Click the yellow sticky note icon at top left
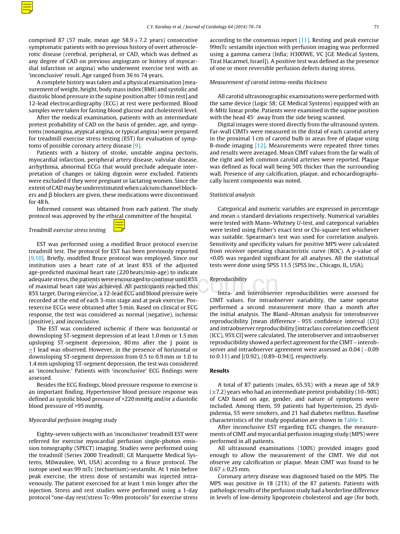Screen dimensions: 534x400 (27, 7)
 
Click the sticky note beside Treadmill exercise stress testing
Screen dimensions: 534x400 (119, 225)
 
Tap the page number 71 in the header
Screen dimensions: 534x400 (376, 27)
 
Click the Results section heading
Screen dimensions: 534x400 (219, 371)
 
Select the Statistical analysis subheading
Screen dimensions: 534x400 (232, 195)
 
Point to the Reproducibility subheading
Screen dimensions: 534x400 (228, 279)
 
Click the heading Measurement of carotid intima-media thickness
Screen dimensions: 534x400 (268, 82)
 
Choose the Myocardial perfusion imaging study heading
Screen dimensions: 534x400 (73, 420)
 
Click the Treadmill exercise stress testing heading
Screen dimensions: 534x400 (67, 230)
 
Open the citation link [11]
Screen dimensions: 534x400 (304, 40)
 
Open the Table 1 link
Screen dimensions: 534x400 (353, 420)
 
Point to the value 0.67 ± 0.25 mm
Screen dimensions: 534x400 (230, 469)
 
